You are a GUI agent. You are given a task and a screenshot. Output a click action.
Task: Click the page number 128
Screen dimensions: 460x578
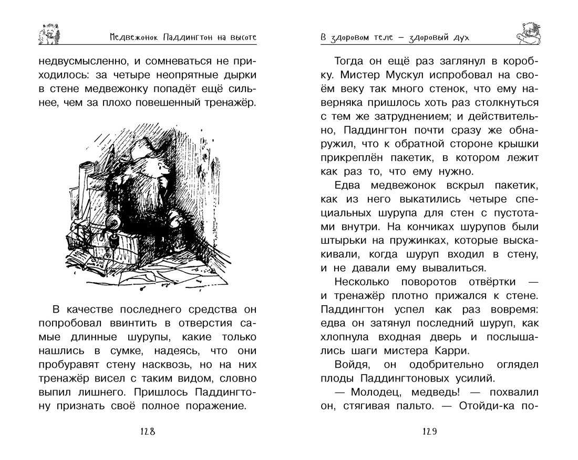click(147, 432)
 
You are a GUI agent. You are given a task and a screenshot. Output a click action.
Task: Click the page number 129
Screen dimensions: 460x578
click(429, 432)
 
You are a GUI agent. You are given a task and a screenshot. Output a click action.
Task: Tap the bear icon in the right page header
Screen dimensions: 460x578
click(528, 33)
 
